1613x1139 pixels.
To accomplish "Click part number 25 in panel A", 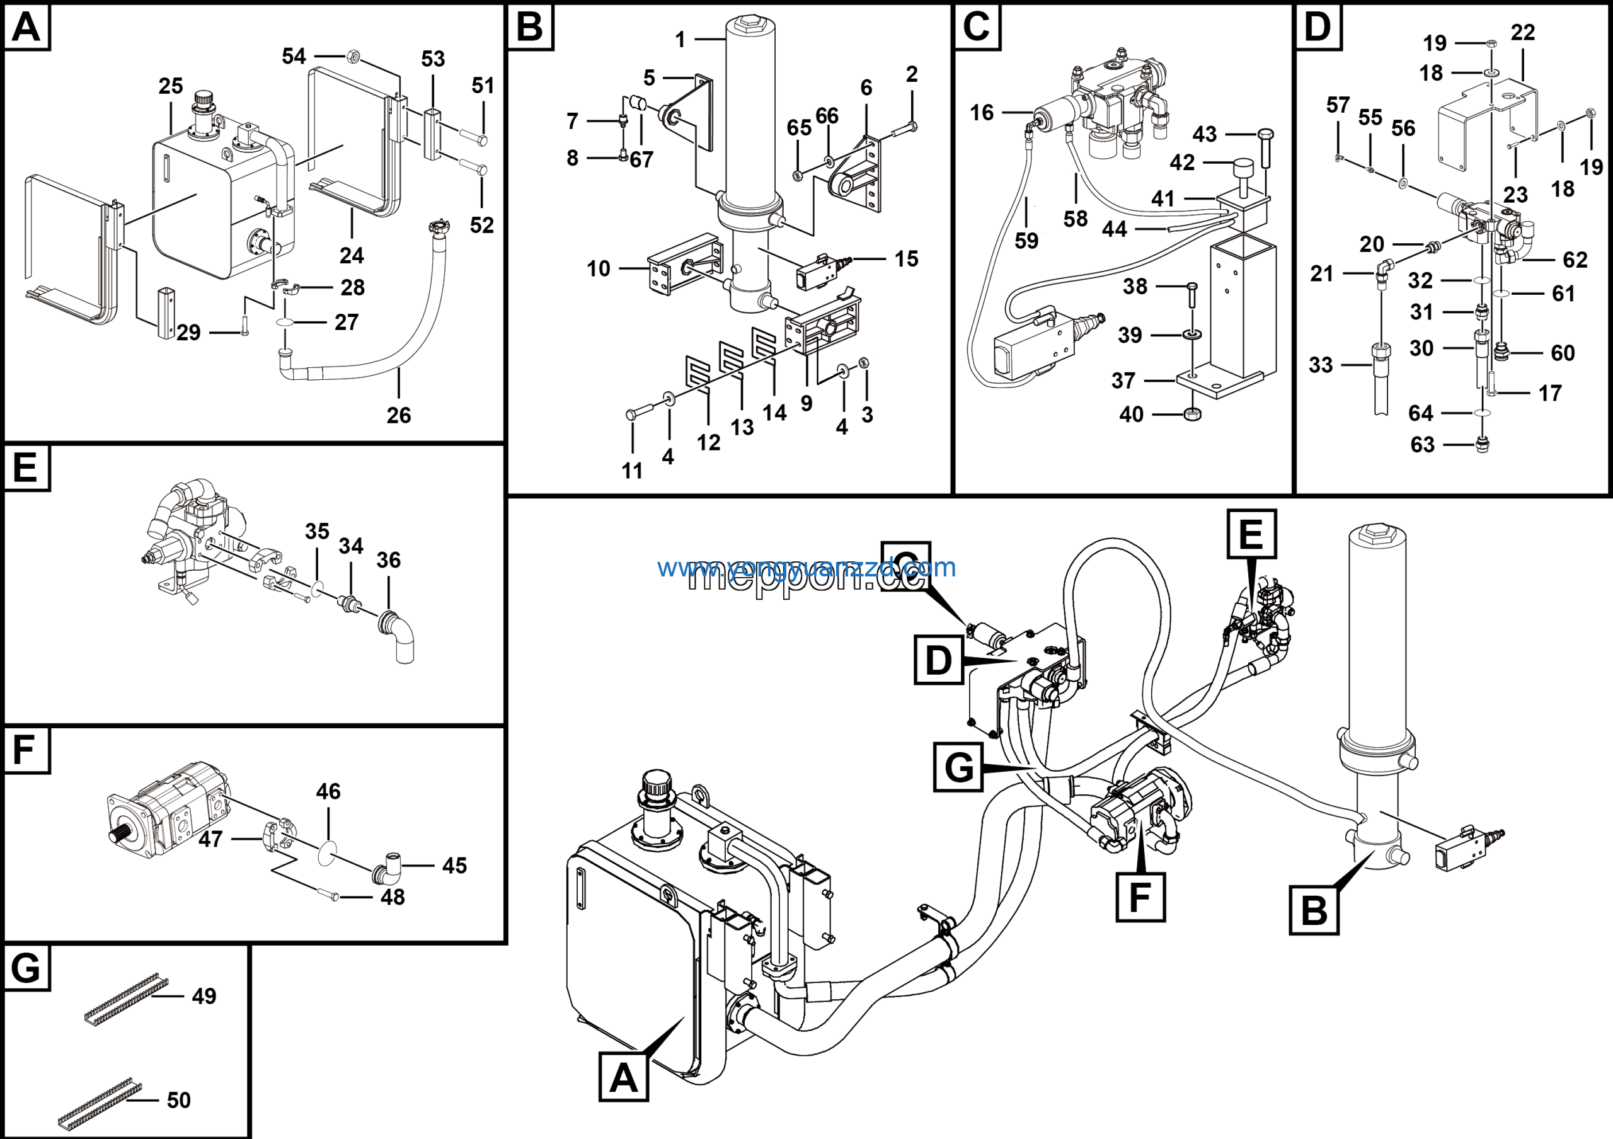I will click(x=170, y=86).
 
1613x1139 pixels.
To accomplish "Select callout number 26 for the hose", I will click(x=398, y=415).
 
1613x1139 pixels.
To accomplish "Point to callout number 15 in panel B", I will click(x=906, y=259).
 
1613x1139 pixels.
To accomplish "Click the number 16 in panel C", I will click(x=982, y=112).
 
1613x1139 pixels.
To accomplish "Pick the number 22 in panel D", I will click(x=1522, y=32).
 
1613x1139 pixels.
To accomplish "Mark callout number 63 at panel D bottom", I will click(x=1422, y=445).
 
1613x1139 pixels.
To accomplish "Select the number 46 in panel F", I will click(x=328, y=791).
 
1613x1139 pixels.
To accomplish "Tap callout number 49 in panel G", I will click(x=204, y=996).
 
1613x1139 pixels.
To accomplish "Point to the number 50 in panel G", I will click(x=178, y=1100).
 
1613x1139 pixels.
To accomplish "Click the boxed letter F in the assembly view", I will click(x=1140, y=896).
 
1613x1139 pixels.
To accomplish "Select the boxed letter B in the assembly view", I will click(x=1314, y=910).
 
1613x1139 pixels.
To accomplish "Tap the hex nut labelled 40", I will click(x=1191, y=415).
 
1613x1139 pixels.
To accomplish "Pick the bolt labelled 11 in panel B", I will click(x=631, y=415).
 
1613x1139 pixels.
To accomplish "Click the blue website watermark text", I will click(x=806, y=567).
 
